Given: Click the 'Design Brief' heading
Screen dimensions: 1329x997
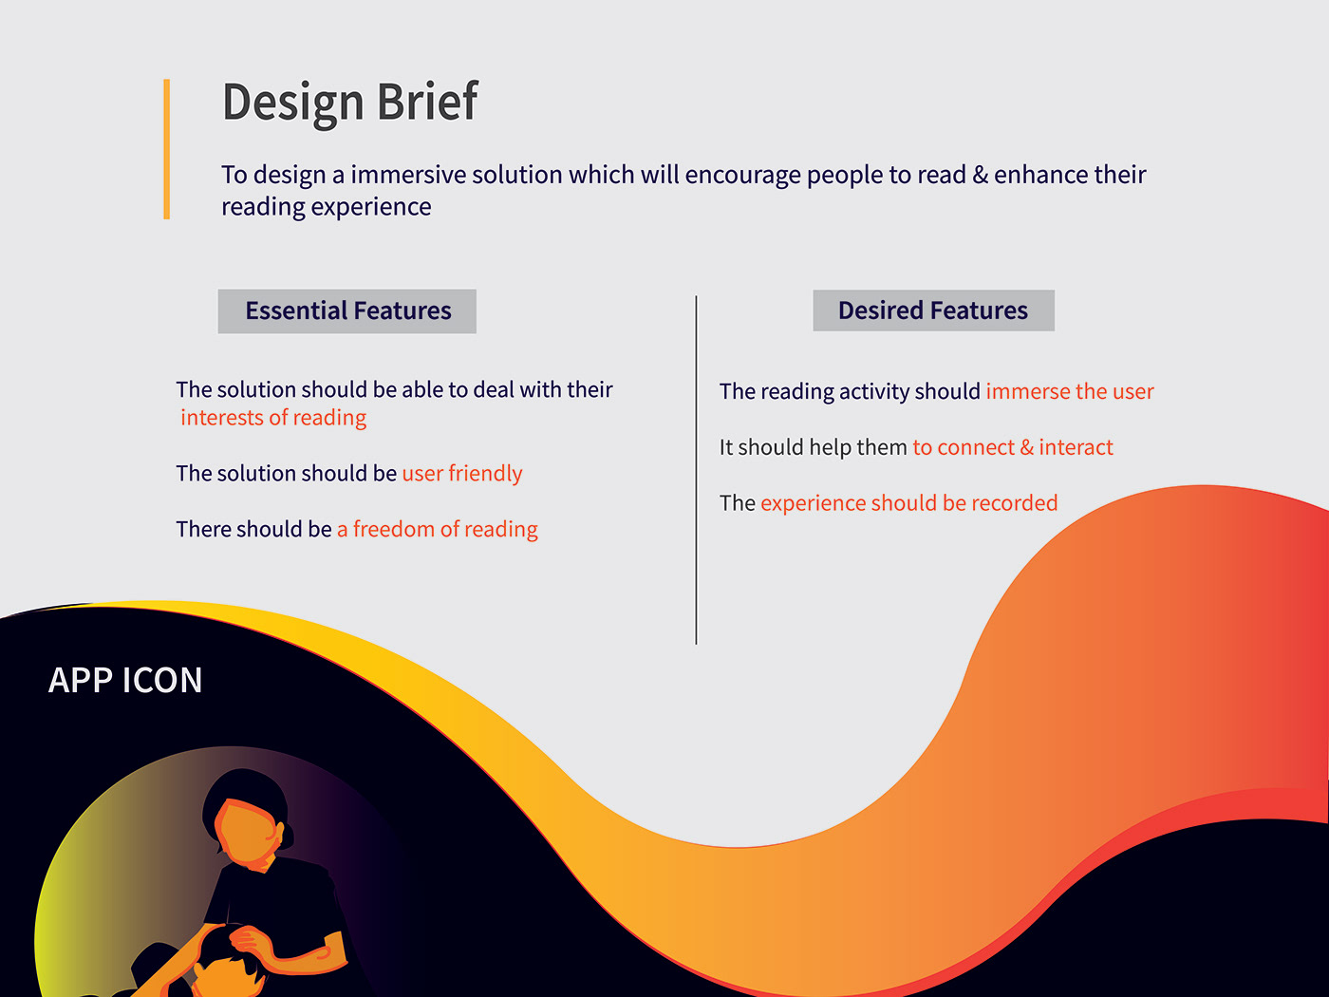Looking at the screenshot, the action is point(350,103).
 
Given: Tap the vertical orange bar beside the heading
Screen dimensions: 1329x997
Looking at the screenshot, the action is point(166,148).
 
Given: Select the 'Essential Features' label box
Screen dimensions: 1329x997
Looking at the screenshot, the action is point(346,311).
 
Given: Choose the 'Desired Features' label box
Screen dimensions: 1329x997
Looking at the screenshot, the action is point(933,310).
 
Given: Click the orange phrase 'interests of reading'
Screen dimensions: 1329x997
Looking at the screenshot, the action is point(273,418).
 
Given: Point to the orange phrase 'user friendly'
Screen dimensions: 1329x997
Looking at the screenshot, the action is point(462,474).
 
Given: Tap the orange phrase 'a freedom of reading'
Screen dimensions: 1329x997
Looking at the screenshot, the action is point(438,529).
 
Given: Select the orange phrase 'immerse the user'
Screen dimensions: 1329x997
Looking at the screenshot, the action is point(1070,391).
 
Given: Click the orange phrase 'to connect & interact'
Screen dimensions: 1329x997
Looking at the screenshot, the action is point(1012,447).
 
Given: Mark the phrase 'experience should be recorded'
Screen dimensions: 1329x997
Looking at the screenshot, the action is point(908,503).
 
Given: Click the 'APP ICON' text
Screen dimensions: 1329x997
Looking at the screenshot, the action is point(125,680).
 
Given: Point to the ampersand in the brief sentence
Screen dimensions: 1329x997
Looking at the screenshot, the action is point(980,175).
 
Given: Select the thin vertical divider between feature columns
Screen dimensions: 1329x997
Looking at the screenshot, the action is point(696,470).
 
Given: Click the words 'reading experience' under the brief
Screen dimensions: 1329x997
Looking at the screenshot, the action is point(327,207).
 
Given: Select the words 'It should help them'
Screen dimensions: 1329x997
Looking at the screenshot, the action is point(814,447).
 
